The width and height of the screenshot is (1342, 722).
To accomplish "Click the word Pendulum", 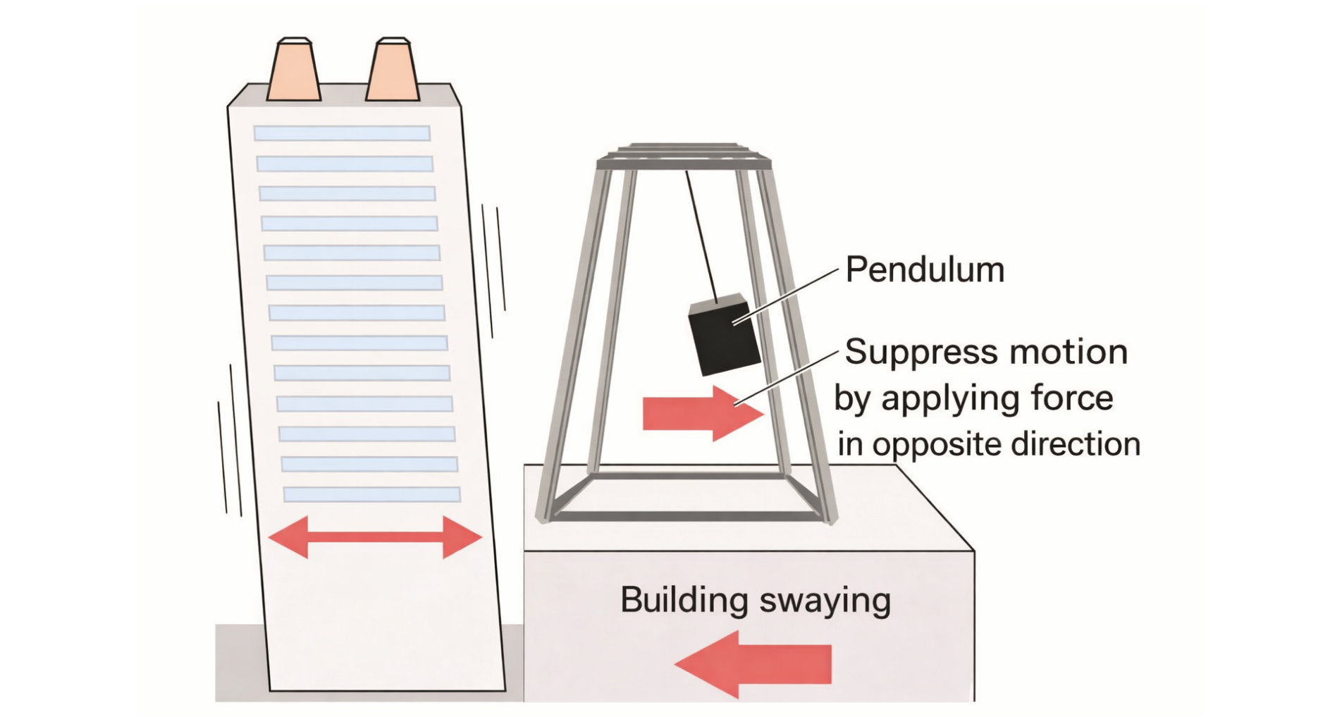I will tap(924, 270).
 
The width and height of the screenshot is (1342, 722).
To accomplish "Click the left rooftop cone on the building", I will tap(293, 71).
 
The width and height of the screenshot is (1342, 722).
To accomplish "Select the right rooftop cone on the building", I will tap(393, 71).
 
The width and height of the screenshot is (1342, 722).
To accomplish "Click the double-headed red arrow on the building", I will tap(375, 537).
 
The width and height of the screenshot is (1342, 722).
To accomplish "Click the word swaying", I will tap(825, 602).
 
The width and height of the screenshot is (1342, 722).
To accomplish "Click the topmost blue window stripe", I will tap(342, 133).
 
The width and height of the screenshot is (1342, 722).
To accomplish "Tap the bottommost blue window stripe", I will tap(371, 494).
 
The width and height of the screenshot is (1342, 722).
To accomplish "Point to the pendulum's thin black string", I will tap(701, 236).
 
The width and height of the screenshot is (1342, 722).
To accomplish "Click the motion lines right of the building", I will tap(494, 268).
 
